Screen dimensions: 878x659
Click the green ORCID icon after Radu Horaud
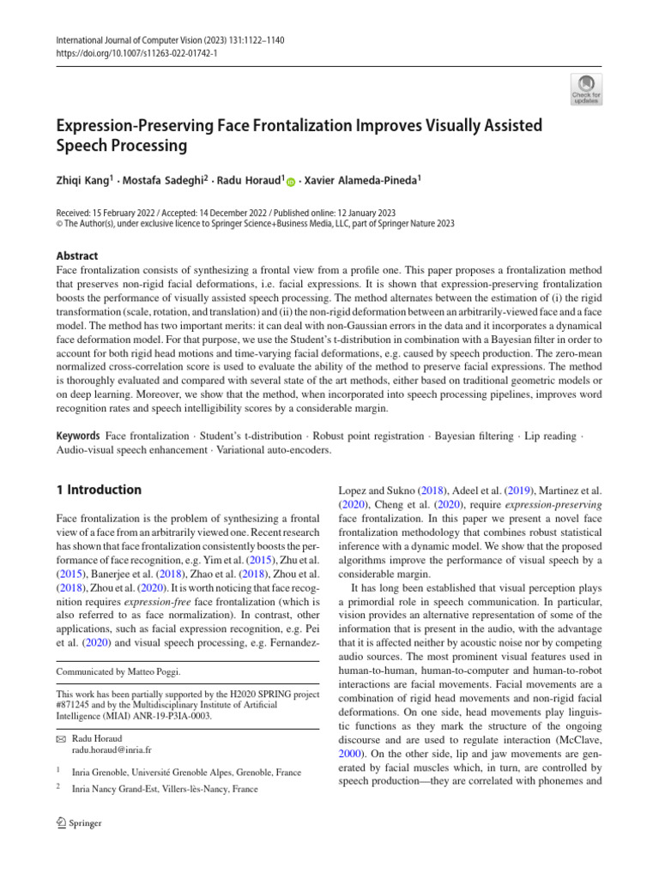pos(290,182)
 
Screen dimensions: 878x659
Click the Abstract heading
pos(76,256)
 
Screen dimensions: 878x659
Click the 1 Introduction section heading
pos(99,490)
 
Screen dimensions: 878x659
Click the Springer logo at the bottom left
pos(79,823)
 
